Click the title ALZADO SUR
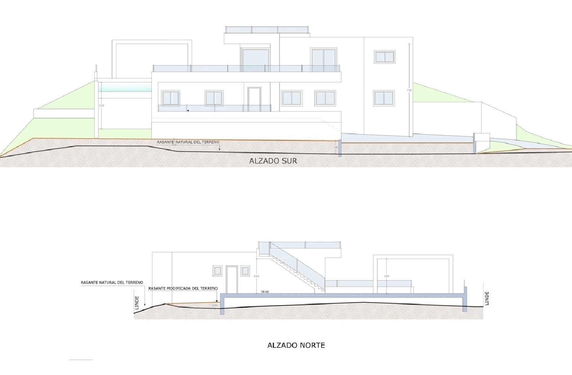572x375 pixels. [273, 161]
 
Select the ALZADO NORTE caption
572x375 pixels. [296, 345]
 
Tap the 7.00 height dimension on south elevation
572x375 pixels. [409, 90]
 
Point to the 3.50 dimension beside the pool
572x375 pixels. [101, 106]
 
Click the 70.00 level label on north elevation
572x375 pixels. [265, 292]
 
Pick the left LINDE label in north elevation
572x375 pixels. [137, 302]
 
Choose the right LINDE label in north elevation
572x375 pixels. [487, 298]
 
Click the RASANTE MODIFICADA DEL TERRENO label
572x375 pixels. [183, 288]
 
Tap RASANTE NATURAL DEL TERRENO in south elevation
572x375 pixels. [188, 142]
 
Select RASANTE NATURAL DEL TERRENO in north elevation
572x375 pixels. [112, 283]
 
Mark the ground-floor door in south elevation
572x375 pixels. [254, 99]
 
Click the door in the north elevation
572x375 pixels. [232, 279]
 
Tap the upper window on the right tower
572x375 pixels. [384, 57]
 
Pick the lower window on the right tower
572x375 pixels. [384, 98]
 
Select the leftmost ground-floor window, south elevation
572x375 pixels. [170, 98]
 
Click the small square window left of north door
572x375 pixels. [217, 271]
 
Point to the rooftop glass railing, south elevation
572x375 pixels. [267, 30]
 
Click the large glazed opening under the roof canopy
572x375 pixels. [255, 60]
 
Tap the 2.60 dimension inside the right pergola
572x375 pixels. [387, 276]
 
